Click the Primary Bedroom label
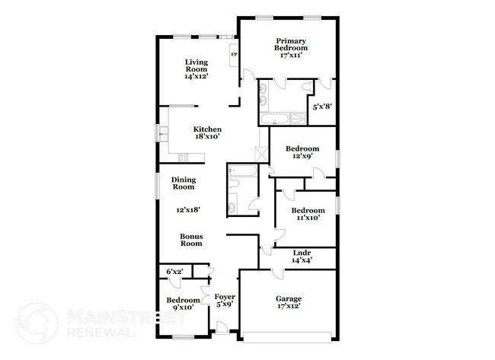point(291,47)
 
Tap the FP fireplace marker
point(234,55)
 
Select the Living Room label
point(196,68)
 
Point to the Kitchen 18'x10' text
point(206,133)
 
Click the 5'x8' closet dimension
point(320,106)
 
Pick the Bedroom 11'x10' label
point(308,214)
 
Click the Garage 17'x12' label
point(289,304)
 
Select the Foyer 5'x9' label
point(224,301)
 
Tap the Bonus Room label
point(190,240)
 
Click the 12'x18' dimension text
point(186,209)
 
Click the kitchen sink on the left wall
point(162,134)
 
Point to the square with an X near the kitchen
point(262,152)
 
